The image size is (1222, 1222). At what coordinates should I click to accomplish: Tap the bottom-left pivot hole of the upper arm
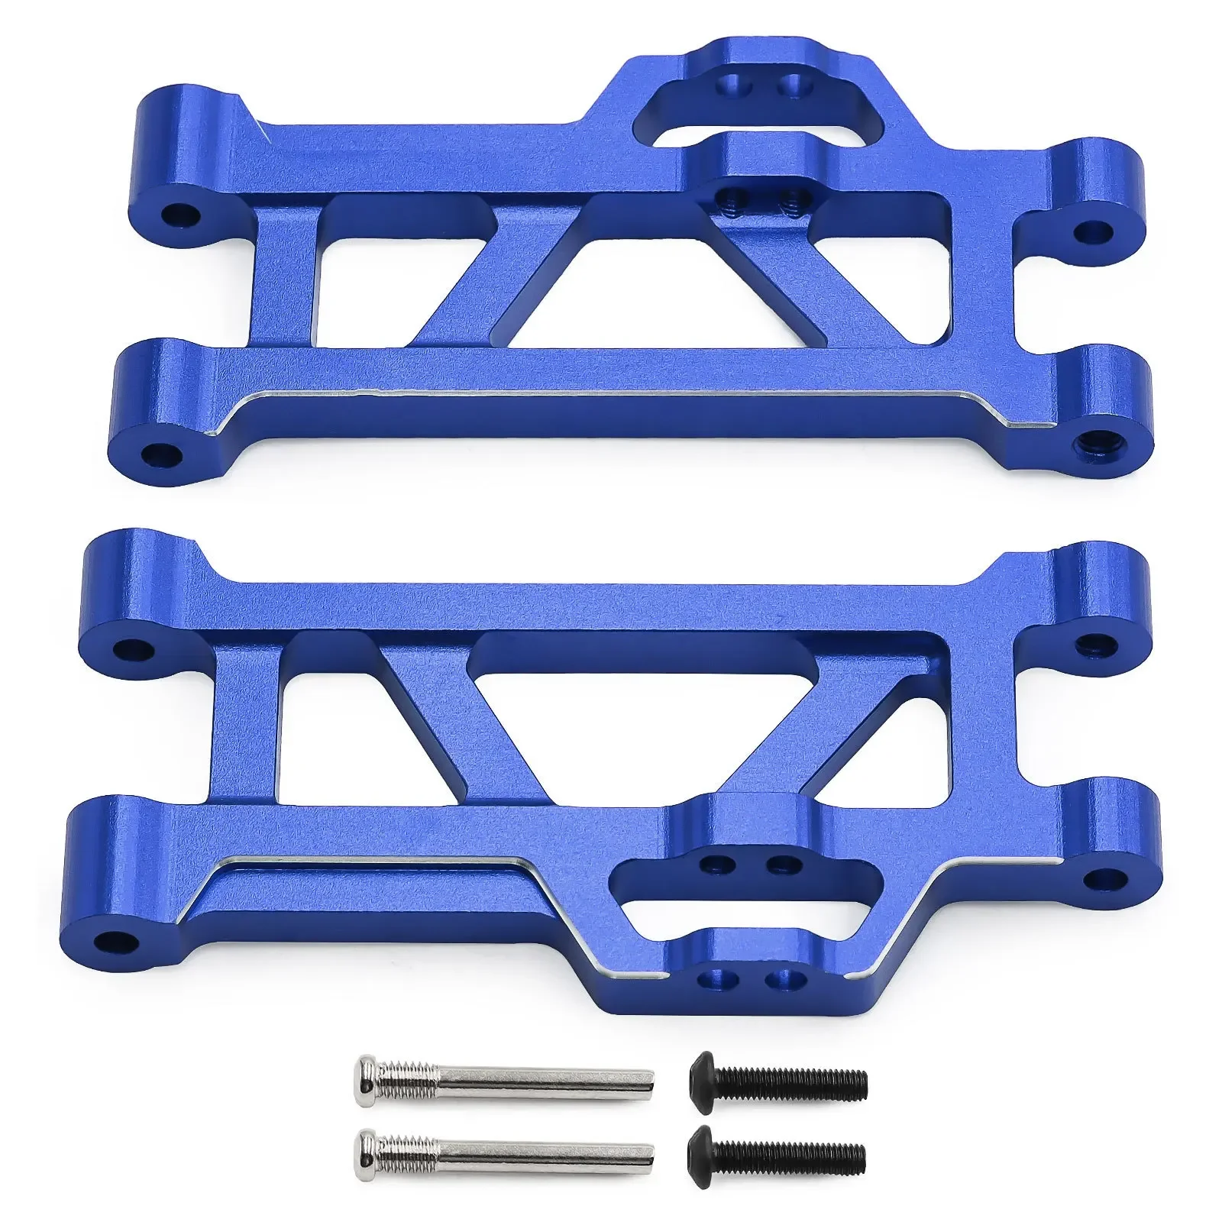165,454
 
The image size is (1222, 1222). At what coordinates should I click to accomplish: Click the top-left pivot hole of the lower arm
129,650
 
